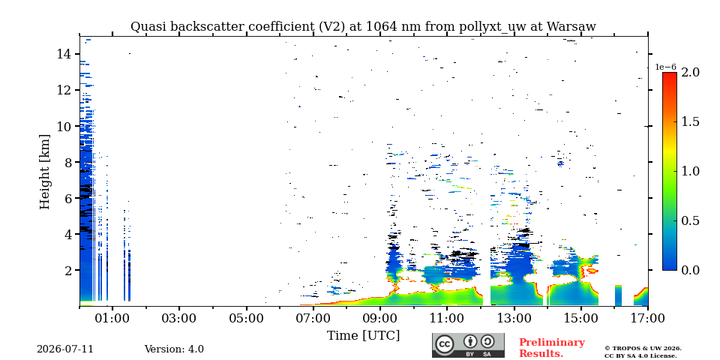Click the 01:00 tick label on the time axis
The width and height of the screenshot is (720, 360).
(112, 318)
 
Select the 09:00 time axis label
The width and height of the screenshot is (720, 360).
(380, 318)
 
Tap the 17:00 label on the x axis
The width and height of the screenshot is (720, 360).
(648, 318)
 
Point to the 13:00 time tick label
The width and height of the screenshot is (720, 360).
(514, 318)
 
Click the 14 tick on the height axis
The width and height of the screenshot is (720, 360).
(63, 54)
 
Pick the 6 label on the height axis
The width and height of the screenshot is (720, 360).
(67, 198)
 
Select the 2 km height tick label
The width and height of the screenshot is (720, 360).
(67, 271)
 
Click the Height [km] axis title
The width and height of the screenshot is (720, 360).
(44, 172)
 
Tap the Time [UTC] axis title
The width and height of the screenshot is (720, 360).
(363, 336)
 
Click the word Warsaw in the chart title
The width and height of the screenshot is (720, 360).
(571, 27)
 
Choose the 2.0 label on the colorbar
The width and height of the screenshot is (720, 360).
(691, 73)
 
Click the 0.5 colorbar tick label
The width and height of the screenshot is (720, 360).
(691, 220)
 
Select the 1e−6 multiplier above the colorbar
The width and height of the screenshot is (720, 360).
(665, 67)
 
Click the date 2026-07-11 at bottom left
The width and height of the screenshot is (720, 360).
(65, 349)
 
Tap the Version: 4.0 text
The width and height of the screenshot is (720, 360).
(174, 349)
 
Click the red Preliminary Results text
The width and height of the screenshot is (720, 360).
(552, 348)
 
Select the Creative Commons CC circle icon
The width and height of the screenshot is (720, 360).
(445, 344)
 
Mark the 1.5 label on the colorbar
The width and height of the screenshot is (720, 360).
(691, 122)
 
